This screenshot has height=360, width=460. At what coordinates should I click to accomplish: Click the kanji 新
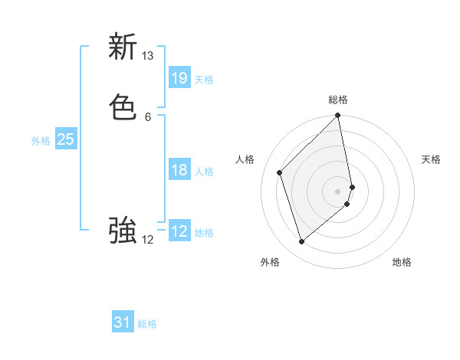[123, 47]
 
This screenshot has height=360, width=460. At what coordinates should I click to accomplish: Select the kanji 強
[123, 230]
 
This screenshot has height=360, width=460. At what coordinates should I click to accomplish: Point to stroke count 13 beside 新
[148, 56]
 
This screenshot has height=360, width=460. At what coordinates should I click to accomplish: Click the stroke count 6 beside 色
[148, 116]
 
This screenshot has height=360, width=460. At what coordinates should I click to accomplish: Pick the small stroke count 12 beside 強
[148, 240]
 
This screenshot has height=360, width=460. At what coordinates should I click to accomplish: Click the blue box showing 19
[179, 77]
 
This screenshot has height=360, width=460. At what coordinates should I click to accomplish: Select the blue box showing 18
[179, 169]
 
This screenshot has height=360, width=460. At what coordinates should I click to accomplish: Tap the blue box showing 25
[65, 139]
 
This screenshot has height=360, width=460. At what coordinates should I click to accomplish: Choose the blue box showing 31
[123, 322]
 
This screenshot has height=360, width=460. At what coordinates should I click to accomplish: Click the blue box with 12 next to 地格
[179, 231]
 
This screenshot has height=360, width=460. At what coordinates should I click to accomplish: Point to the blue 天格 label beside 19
[204, 80]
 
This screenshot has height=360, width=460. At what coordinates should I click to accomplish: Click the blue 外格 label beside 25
[41, 141]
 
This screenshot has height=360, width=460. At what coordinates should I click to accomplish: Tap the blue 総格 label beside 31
[147, 324]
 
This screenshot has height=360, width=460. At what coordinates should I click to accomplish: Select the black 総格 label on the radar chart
[338, 100]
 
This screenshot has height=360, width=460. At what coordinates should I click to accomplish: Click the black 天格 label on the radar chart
[431, 159]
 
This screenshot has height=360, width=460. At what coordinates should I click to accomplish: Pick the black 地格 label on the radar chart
[402, 262]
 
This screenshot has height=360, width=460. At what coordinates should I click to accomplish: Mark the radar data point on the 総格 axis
[338, 116]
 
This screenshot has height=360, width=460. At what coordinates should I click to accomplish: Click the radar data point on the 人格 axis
[280, 172]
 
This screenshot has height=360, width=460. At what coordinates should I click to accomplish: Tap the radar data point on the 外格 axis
[301, 242]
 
